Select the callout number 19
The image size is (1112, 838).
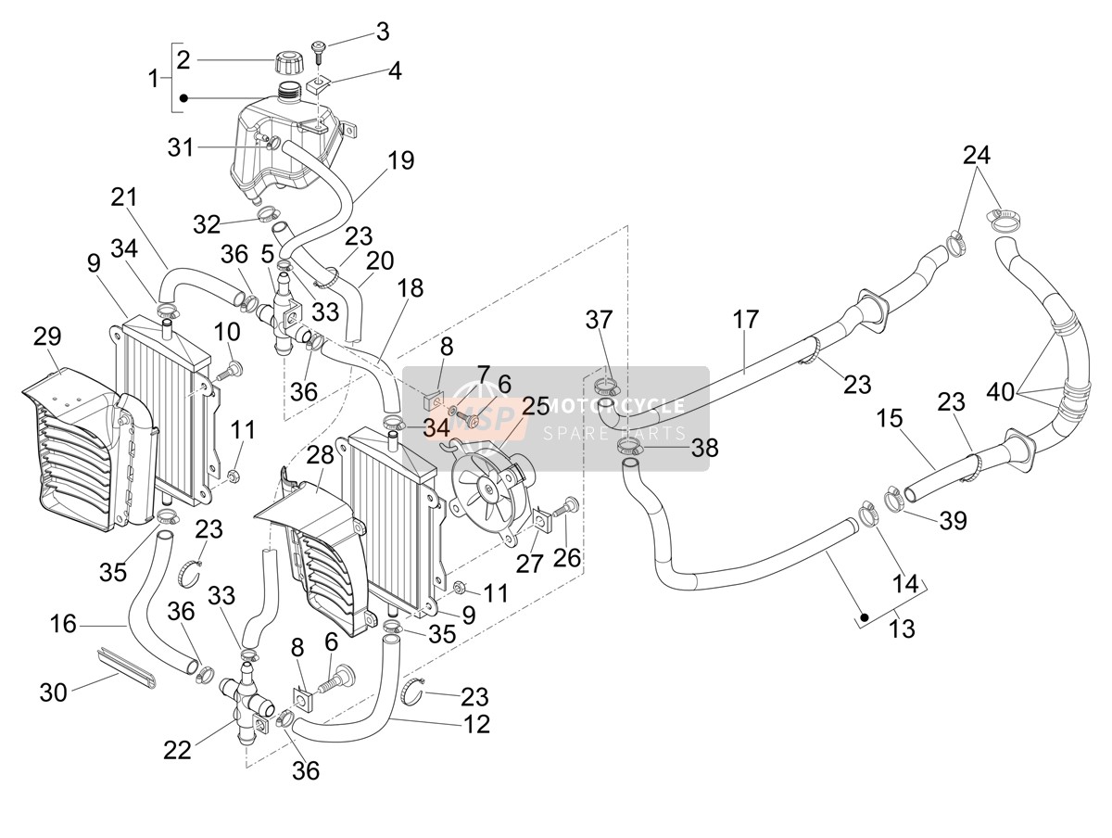tap(400, 160)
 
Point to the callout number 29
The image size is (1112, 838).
tap(47, 336)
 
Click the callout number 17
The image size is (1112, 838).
tap(745, 319)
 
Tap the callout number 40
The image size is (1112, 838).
tap(1000, 391)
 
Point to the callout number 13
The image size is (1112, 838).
tap(902, 628)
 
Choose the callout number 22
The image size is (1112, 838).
tap(177, 749)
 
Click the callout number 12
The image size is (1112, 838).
tap(475, 724)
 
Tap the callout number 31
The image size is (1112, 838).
tap(181, 147)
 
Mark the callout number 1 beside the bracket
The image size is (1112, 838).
tap(153, 79)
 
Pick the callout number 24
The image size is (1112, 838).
tap(976, 155)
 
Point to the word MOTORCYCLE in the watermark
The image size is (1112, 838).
tap(615, 405)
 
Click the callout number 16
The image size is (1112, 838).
tap(63, 624)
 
